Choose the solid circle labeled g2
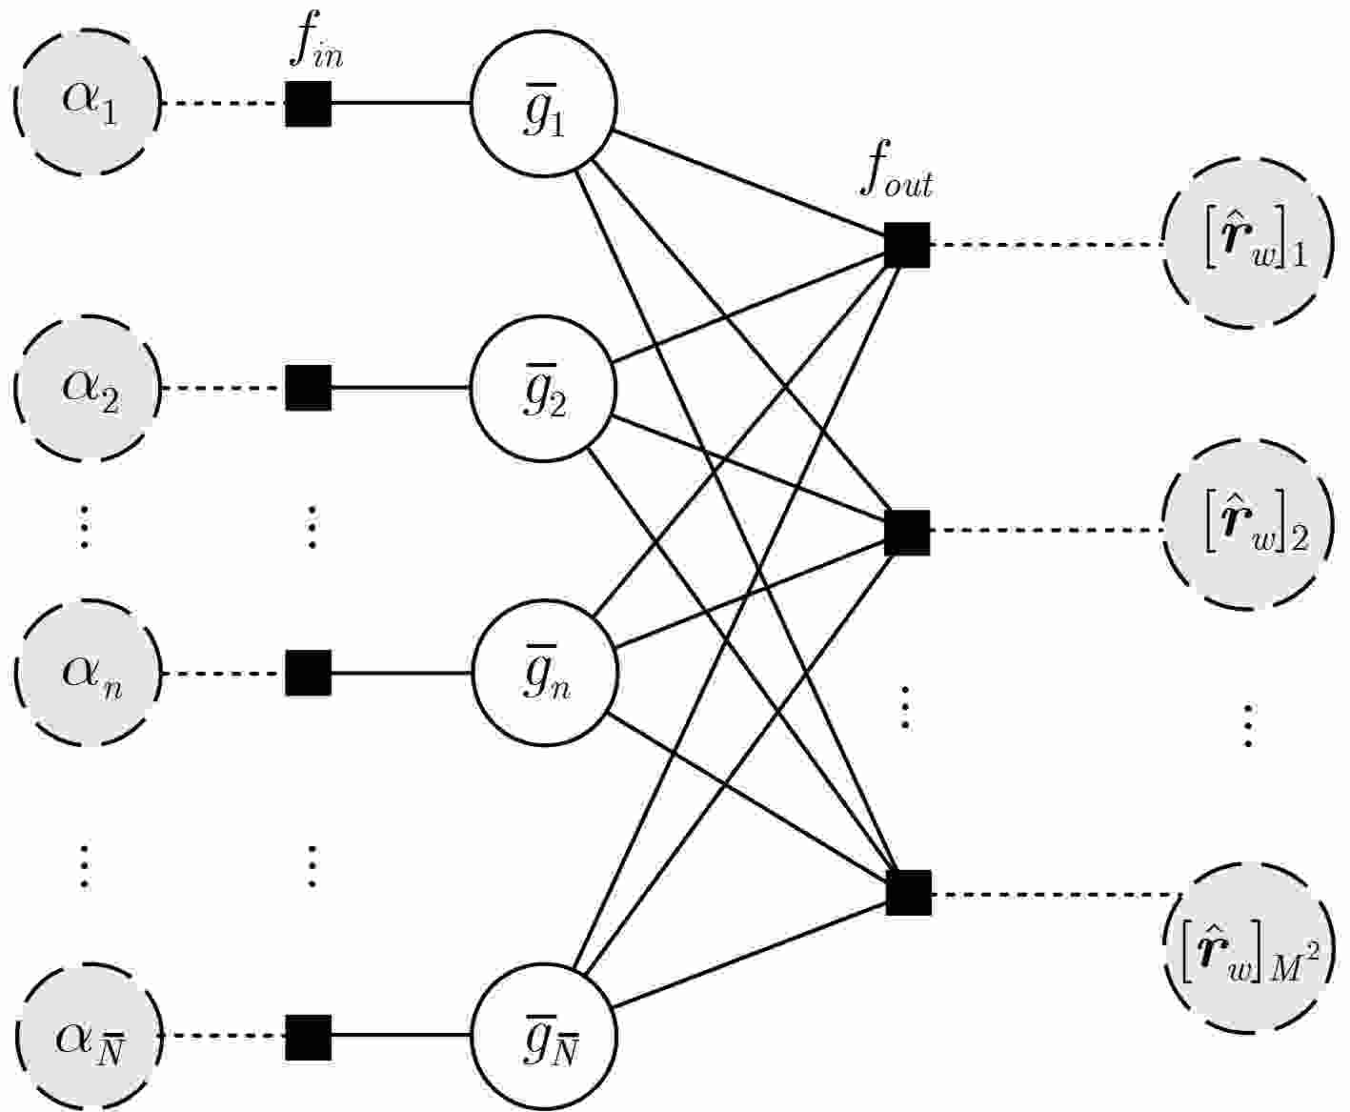click(x=544, y=389)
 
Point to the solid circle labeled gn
click(x=544, y=673)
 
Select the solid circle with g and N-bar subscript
click(x=544, y=1036)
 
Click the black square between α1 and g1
click(x=309, y=103)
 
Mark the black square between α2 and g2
click(x=309, y=388)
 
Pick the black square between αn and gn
click(x=309, y=673)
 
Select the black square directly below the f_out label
click(x=907, y=245)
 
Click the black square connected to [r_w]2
click(x=907, y=532)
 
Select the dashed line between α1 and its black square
click(x=224, y=103)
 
